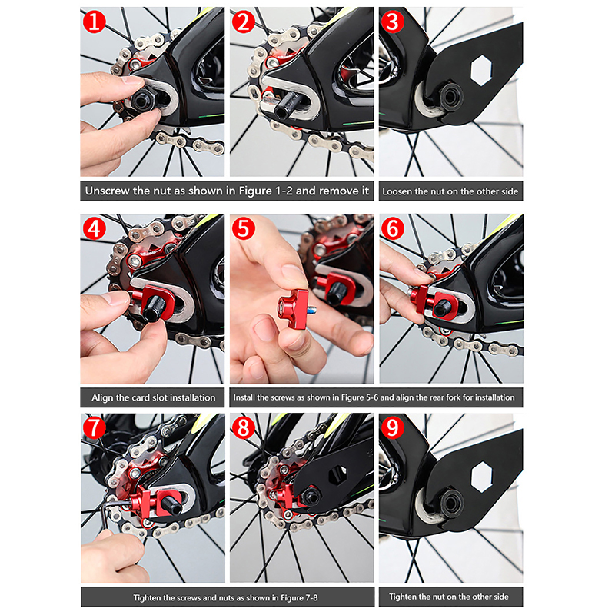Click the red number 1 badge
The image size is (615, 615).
click(94, 22)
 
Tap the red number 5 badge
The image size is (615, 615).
click(244, 228)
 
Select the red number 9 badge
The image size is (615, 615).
click(392, 427)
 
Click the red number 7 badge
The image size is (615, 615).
click(94, 427)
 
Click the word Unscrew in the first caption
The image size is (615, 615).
click(108, 191)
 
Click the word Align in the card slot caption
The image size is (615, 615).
click(103, 397)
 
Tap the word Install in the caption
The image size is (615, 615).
click(244, 397)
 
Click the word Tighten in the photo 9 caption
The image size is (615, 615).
click(403, 597)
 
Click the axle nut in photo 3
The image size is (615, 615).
click(451, 95)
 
